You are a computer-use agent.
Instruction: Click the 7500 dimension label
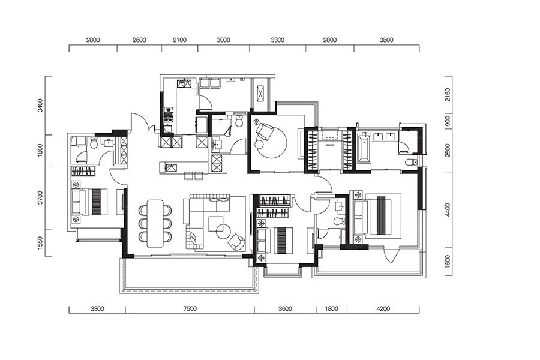(x=190, y=308)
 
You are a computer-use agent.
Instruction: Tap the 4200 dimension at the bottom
(x=383, y=308)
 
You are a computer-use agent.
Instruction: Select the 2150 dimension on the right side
(x=448, y=95)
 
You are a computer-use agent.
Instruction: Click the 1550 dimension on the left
(x=40, y=243)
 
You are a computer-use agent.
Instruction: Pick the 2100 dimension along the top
(x=179, y=40)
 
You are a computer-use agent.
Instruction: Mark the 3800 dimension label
(x=386, y=40)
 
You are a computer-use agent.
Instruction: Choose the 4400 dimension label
(x=448, y=210)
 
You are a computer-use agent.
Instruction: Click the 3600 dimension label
(x=285, y=308)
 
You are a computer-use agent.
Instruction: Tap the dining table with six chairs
(x=155, y=223)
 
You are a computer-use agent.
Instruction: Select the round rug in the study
(x=271, y=140)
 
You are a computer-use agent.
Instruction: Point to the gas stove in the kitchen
(x=169, y=115)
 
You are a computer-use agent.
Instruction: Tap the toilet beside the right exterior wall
(x=410, y=162)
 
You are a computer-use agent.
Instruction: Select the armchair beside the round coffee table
(x=237, y=242)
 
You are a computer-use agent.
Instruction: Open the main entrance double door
(x=141, y=122)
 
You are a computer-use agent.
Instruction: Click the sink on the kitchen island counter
(x=171, y=168)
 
